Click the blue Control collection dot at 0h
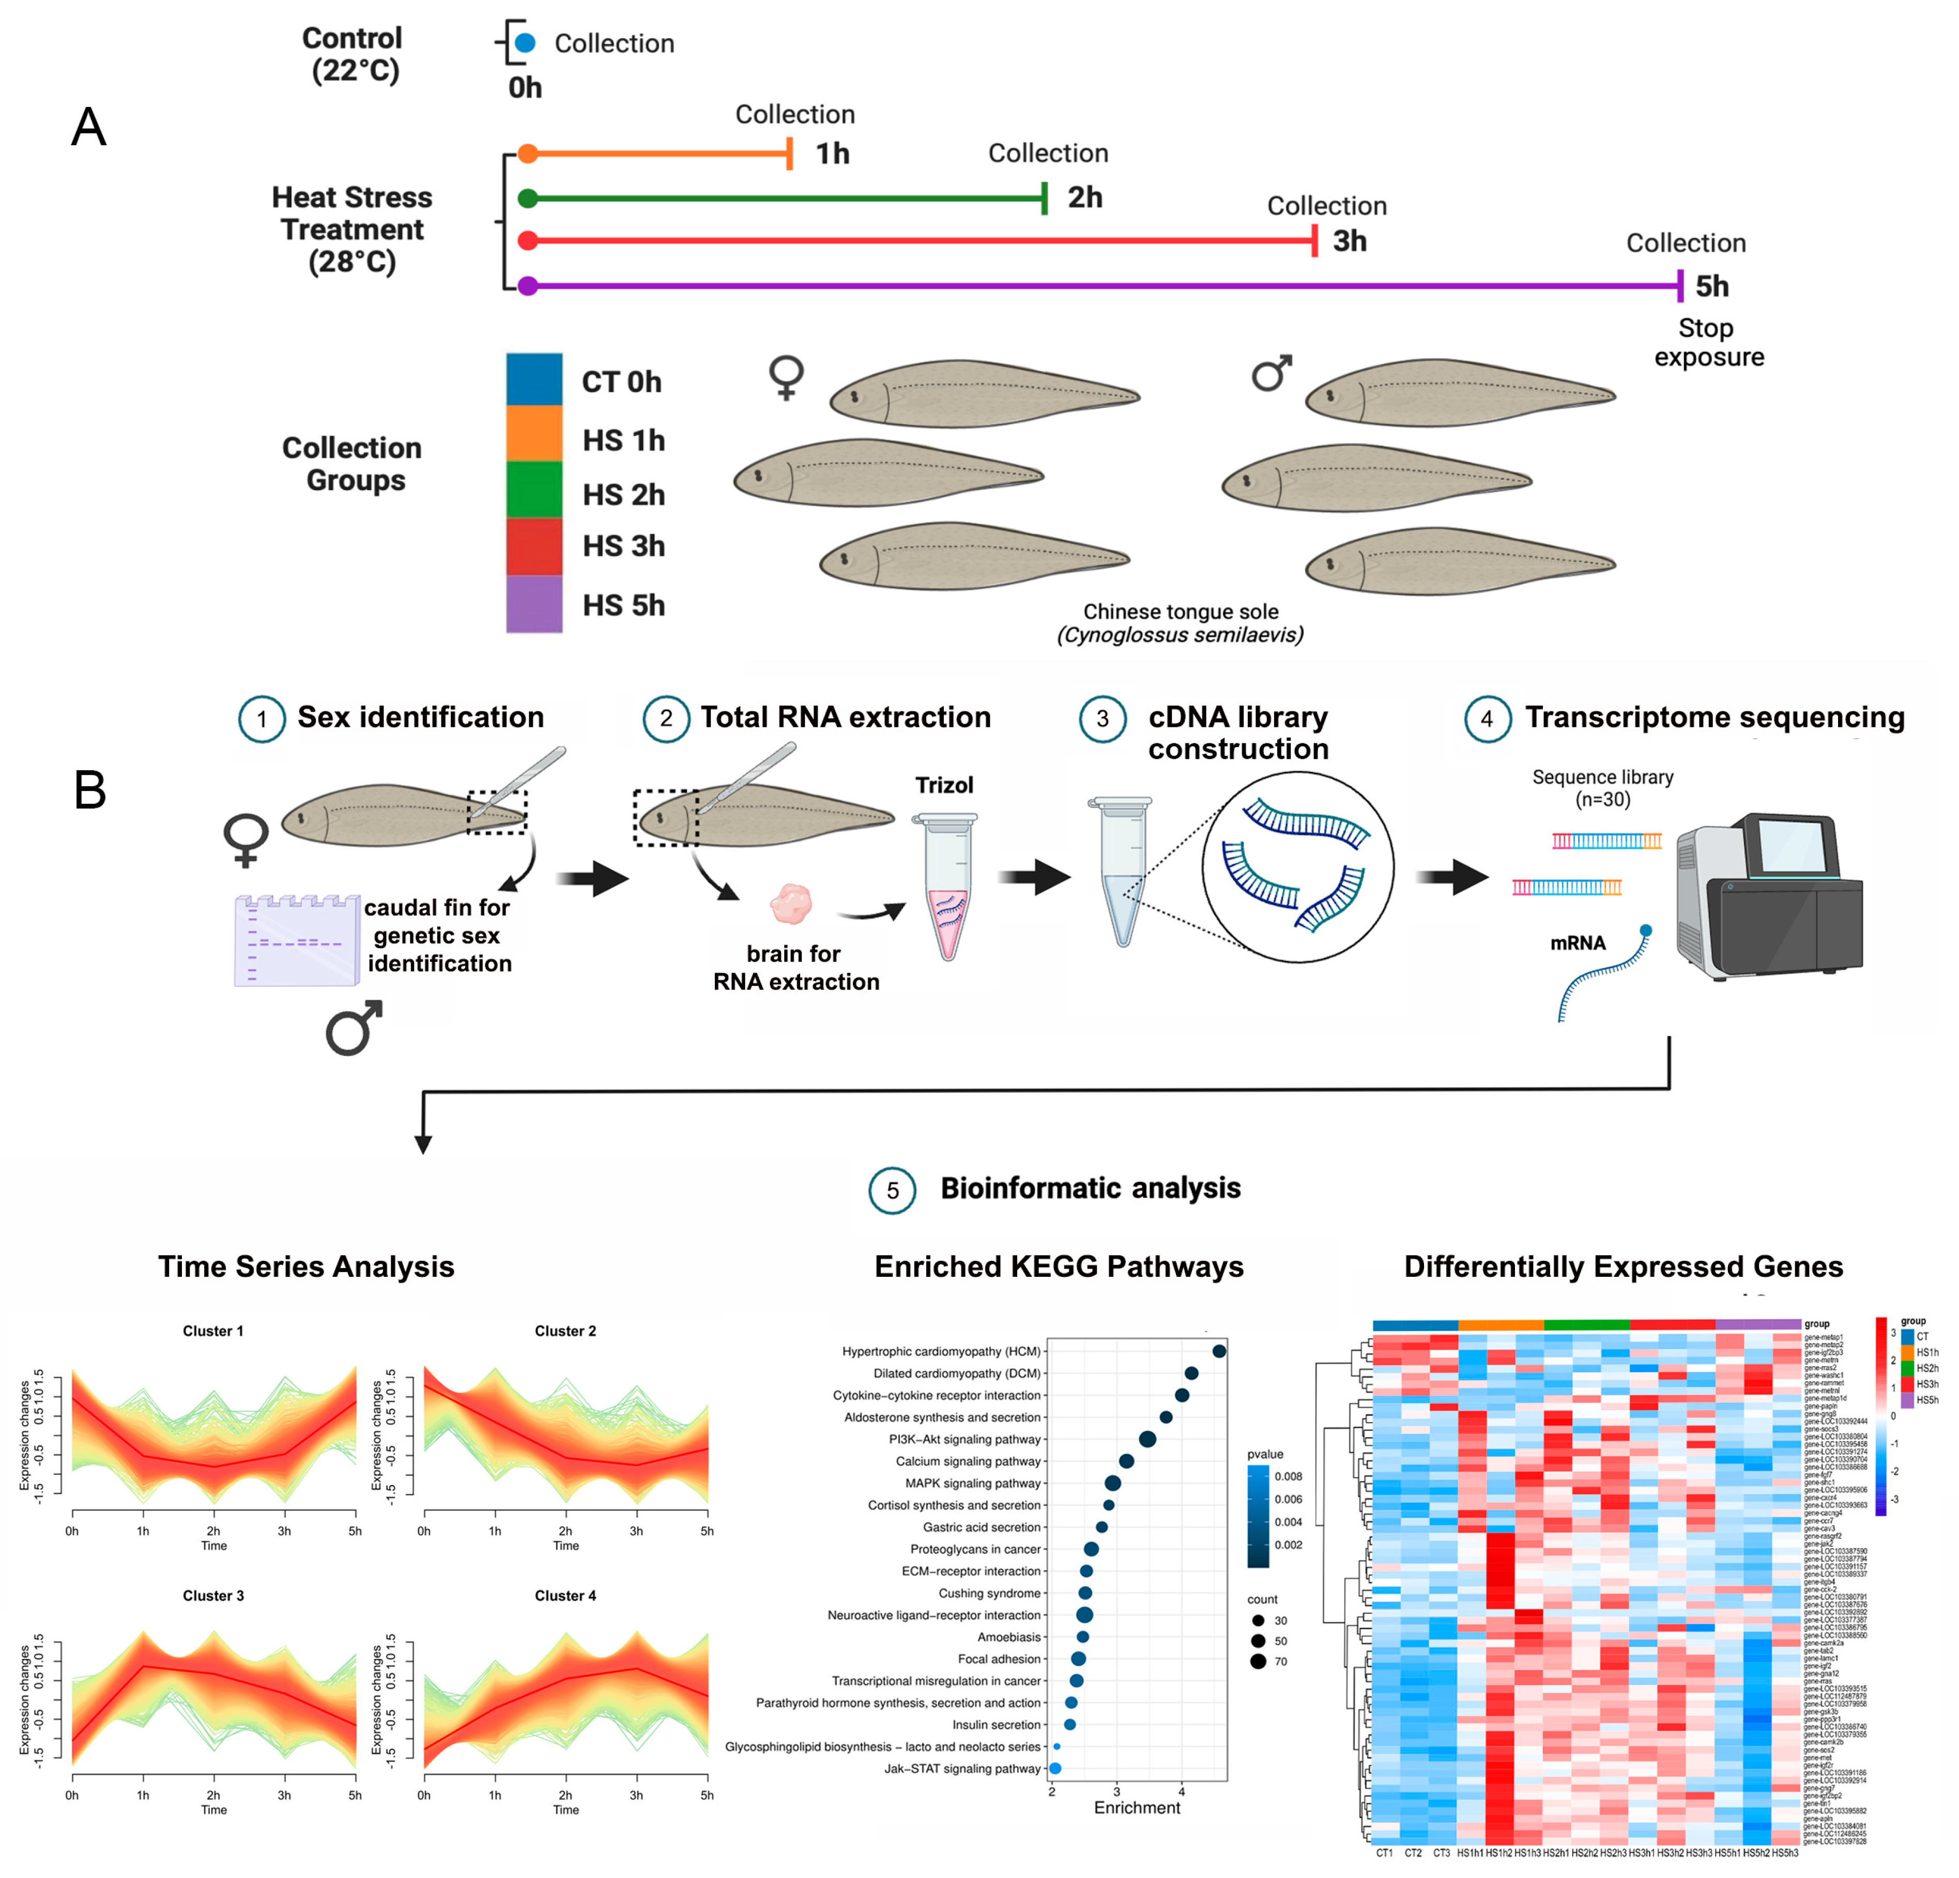(x=525, y=43)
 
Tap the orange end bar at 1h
(x=790, y=154)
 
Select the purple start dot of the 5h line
(x=528, y=287)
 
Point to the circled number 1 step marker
(x=262, y=719)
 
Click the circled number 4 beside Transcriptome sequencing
(x=1486, y=719)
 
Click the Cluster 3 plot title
(x=213, y=1595)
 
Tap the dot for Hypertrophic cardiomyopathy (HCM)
(x=1218, y=1351)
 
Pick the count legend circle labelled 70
(x=1258, y=1661)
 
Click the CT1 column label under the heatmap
(x=1384, y=1853)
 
